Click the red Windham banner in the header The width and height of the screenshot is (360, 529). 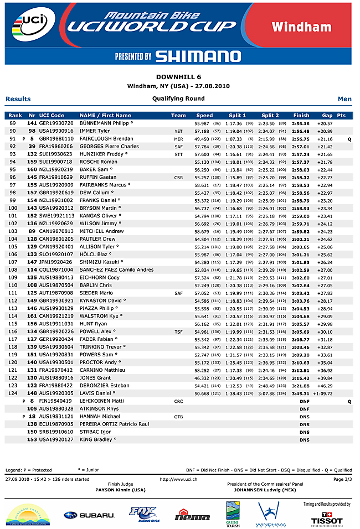tap(309, 27)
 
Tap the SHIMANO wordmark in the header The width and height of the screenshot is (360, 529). tap(198, 56)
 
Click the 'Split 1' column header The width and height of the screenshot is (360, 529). tap(237, 115)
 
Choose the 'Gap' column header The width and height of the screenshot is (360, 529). tap(327, 115)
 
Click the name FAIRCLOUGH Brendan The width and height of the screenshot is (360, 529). tap(106, 138)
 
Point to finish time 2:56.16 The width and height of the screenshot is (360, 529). tap(301, 123)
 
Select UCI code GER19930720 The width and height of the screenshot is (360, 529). tap(56, 123)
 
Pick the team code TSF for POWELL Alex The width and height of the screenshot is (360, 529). tap(178, 331)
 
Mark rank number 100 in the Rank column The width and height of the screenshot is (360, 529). tap(13, 208)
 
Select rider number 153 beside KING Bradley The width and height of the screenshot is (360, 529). tap(32, 439)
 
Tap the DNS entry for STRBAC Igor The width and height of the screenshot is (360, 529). tap(304, 431)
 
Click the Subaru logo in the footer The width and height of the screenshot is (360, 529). tap(89, 515)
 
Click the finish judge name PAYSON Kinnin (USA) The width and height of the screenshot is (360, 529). tap(120, 489)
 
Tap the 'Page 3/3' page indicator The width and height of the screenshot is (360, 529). tap(342, 479)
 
